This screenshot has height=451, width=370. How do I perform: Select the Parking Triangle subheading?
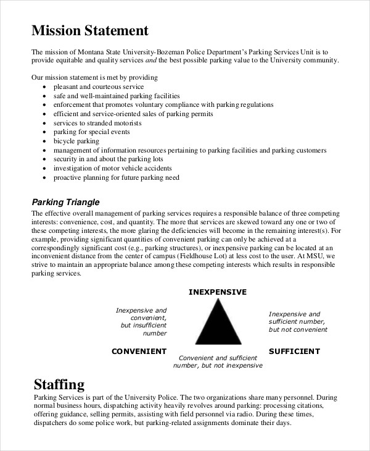click(65, 202)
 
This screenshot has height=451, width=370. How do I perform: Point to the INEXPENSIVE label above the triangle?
click(217, 292)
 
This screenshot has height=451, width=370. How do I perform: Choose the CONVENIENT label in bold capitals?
click(139, 351)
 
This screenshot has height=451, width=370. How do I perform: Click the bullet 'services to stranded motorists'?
click(97, 123)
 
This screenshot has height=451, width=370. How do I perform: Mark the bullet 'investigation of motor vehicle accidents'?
click(112, 168)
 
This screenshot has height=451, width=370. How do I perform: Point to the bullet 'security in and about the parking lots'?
click(107, 159)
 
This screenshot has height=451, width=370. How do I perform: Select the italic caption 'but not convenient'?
click(298, 330)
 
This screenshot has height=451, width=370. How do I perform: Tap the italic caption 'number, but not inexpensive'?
click(217, 365)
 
